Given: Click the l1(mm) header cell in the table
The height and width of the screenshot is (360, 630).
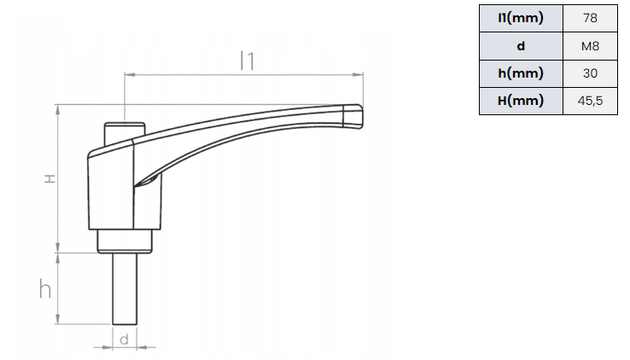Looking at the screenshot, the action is [x=521, y=18].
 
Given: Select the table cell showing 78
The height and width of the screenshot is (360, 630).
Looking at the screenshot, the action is [x=590, y=18].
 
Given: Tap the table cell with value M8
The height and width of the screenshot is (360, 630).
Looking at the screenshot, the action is [x=590, y=46].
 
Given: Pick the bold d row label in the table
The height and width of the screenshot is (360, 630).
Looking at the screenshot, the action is [x=521, y=46].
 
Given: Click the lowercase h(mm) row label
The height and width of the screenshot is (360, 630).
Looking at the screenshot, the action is [x=521, y=73].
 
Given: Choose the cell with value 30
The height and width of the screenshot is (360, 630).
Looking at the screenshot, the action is [x=590, y=73].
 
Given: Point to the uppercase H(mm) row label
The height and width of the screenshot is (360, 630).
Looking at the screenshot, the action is [x=521, y=101].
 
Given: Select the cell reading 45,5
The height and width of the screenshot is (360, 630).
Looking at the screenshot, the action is [x=590, y=101].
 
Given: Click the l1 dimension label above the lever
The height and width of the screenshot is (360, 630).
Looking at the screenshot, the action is [x=248, y=61].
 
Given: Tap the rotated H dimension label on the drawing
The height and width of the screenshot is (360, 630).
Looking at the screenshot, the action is [x=50, y=178].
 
